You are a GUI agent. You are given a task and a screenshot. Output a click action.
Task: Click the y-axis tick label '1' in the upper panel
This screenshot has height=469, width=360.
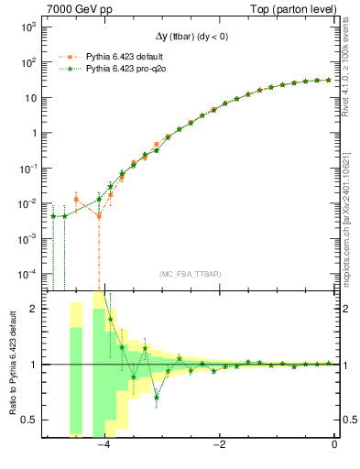click(x=34, y=133)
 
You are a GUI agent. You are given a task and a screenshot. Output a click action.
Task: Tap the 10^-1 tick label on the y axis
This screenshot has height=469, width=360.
click(x=27, y=168)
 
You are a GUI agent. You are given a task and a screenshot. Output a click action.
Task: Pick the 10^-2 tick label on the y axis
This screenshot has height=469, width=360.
click(x=27, y=202)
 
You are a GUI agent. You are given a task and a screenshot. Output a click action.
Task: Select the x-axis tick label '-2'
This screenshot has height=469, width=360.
click(x=219, y=445)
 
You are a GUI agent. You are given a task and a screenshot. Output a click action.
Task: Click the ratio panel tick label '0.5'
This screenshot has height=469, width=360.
click(x=30, y=420)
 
